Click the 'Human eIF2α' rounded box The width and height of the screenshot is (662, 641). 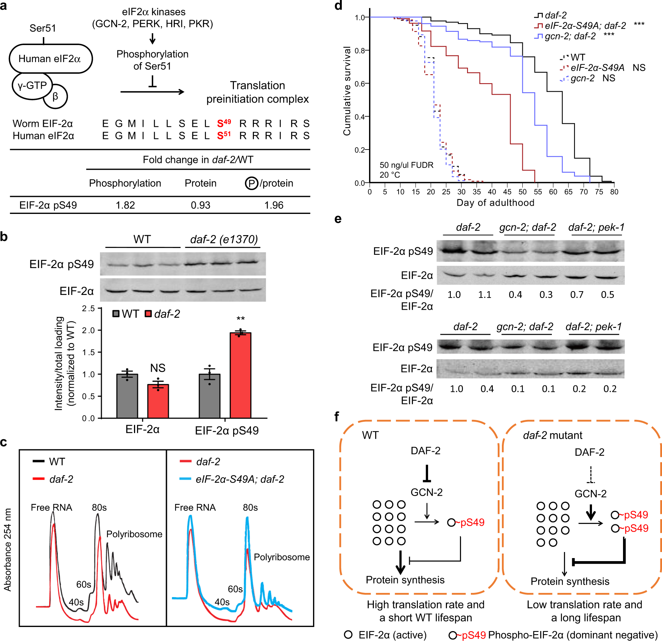(x=50, y=59)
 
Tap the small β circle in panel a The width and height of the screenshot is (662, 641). (x=56, y=97)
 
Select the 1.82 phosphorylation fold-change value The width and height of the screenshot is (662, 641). (x=125, y=205)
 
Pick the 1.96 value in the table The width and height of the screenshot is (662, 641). (x=274, y=205)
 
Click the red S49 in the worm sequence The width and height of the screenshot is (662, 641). (x=224, y=123)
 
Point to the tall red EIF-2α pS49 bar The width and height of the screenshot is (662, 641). (x=240, y=375)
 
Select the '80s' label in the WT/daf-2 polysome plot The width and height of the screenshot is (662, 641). (x=99, y=507)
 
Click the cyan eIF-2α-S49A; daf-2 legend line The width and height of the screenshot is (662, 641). (x=185, y=479)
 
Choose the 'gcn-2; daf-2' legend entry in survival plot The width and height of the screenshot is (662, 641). (x=570, y=36)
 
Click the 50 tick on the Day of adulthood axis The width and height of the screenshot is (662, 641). (x=523, y=192)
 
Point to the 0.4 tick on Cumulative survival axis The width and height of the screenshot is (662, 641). (x=360, y=117)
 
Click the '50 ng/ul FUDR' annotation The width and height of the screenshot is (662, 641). (x=407, y=165)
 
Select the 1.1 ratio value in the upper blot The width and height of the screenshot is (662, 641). (x=485, y=295)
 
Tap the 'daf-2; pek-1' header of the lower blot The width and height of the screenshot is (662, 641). (x=593, y=326)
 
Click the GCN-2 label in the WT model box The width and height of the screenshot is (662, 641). (x=427, y=492)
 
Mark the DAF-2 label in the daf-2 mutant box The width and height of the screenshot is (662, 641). (x=589, y=452)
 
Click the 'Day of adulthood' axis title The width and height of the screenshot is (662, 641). (x=495, y=203)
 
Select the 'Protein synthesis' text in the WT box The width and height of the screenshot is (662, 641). (x=405, y=580)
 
